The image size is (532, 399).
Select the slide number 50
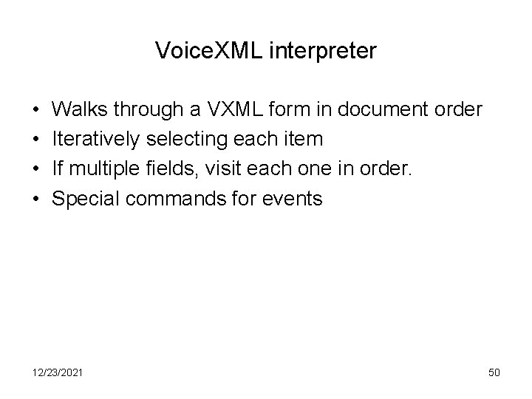tap(494, 372)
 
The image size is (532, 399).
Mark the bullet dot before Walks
tap(35, 111)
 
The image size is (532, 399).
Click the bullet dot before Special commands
tap(35, 199)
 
